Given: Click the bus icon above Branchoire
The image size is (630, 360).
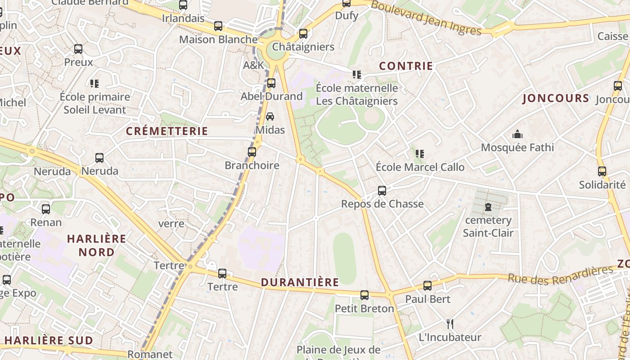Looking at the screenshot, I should pyautogui.click(x=252, y=152).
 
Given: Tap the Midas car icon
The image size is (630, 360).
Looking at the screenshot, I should pyautogui.click(x=270, y=117).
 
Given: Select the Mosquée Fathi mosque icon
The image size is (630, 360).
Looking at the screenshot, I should pyautogui.click(x=517, y=134).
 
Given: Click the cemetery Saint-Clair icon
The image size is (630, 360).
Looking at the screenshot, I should pyautogui.click(x=488, y=207).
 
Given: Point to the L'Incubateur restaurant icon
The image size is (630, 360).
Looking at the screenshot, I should pyautogui.click(x=450, y=324).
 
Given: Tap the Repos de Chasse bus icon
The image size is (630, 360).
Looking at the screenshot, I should pyautogui.click(x=382, y=191).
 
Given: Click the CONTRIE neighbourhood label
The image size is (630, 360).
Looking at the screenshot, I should pyautogui.click(x=406, y=66).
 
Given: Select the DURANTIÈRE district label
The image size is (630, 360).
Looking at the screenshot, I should pyautogui.click(x=300, y=282).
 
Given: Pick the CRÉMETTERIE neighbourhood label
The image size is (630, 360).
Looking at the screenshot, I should pyautogui.click(x=167, y=131).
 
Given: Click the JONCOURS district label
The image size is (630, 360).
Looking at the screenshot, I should pyautogui.click(x=556, y=98).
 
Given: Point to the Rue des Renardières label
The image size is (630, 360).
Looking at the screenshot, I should pyautogui.click(x=561, y=274).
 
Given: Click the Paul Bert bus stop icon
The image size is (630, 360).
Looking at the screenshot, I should pyautogui.click(x=427, y=286).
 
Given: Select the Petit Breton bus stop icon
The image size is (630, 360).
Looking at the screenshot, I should pyautogui.click(x=364, y=295).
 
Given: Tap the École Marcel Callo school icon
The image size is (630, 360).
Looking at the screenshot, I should pyautogui.click(x=420, y=154).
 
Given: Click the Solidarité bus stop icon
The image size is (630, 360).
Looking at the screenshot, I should pyautogui.click(x=602, y=171).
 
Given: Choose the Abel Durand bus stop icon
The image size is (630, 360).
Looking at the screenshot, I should pyautogui.click(x=271, y=83).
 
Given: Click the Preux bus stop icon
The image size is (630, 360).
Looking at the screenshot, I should pyautogui.click(x=78, y=49).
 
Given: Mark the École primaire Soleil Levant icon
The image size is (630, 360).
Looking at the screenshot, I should pyautogui.click(x=94, y=84).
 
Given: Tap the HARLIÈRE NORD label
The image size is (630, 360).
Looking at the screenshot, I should pyautogui.click(x=97, y=245).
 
